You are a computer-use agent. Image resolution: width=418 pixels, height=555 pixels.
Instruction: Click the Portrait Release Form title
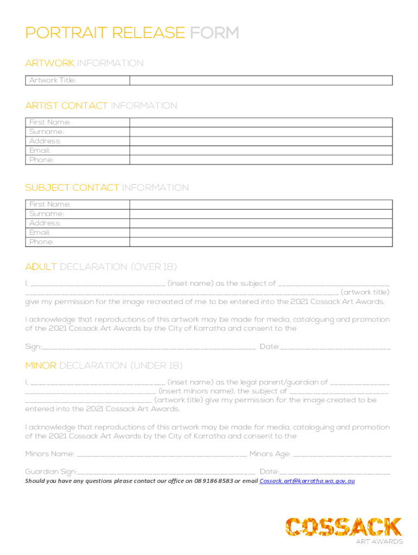(132, 33)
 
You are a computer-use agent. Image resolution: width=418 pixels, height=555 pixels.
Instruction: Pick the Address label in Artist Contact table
(45, 141)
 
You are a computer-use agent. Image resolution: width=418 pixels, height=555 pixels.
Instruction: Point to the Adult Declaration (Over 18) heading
(101, 267)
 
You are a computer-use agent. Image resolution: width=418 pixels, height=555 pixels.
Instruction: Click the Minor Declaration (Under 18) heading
(104, 365)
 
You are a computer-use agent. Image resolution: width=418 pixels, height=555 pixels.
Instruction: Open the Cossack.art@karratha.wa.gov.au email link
(307, 481)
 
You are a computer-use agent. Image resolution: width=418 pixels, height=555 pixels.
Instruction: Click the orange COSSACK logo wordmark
(344, 526)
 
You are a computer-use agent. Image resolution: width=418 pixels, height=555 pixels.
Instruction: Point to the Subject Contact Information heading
(107, 188)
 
